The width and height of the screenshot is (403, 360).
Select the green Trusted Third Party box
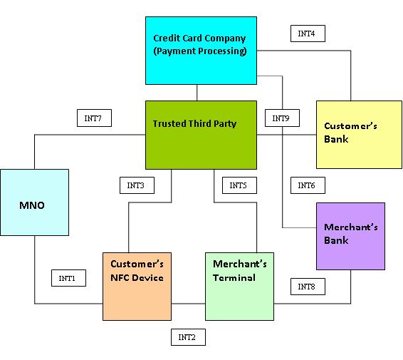click(x=200, y=135)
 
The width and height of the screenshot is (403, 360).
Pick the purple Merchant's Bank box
click(x=350, y=236)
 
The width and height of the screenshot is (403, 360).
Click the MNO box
click(x=34, y=202)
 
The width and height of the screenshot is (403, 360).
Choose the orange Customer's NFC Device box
click(x=137, y=286)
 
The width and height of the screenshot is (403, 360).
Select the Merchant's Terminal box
click(x=239, y=286)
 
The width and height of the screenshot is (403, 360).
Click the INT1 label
click(x=68, y=278)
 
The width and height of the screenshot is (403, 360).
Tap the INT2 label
click(x=188, y=337)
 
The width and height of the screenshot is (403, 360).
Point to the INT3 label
click(x=136, y=185)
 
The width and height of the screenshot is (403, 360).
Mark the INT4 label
click(x=308, y=34)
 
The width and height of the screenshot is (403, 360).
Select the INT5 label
click(x=238, y=185)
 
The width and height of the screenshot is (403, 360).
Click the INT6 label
click(x=307, y=185)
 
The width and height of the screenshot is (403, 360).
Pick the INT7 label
click(x=93, y=118)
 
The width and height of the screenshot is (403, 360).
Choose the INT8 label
click(x=307, y=287)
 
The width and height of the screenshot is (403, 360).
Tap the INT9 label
click(x=281, y=118)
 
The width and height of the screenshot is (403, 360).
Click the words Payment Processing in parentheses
click(x=200, y=51)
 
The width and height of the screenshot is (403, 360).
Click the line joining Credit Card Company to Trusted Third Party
click(x=197, y=92)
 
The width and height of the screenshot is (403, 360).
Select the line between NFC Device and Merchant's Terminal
click(x=188, y=304)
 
